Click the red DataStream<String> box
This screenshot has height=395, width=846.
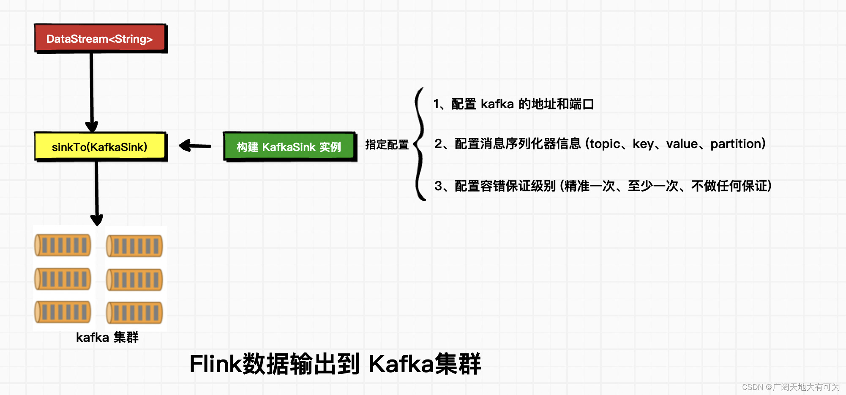(100, 38)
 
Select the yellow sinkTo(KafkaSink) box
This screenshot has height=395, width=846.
(100, 147)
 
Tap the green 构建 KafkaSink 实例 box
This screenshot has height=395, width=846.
(289, 147)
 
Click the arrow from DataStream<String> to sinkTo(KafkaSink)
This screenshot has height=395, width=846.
(91, 89)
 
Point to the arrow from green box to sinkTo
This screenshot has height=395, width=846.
(195, 146)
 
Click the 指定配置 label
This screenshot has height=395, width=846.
(387, 145)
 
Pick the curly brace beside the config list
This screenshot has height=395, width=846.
(420, 144)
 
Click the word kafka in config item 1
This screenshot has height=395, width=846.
(497, 104)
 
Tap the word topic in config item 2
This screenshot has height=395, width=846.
(605, 144)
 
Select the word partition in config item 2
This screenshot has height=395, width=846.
(736, 144)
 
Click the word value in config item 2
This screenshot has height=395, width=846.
(682, 144)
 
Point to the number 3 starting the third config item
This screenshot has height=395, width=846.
(438, 186)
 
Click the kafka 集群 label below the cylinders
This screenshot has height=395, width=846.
(107, 337)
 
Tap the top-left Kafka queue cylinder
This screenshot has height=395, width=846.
(63, 245)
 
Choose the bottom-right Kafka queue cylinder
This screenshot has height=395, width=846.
(134, 313)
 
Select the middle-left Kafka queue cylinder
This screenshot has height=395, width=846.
(63, 279)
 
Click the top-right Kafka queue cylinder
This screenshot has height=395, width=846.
(134, 246)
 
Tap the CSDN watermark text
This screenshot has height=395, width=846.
(790, 387)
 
